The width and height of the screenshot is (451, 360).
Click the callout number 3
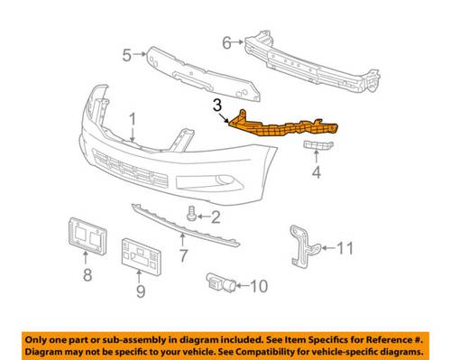217,106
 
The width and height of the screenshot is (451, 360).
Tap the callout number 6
226,42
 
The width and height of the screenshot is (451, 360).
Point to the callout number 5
127,55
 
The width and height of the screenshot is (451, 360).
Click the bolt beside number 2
191,213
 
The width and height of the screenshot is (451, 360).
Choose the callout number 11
345,248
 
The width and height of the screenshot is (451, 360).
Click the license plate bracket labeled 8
87,236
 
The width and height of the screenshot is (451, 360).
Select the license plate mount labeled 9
142,256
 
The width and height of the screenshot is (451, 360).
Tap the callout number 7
183,255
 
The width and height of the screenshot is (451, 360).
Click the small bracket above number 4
318,145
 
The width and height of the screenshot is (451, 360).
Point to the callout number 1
133,119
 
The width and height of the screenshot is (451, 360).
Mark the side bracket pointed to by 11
304,246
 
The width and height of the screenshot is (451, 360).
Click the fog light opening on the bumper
210,182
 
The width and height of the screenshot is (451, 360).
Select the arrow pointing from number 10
244,285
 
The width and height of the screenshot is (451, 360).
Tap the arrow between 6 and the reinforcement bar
238,42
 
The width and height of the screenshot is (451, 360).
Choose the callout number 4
317,172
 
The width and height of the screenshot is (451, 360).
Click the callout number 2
216,217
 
